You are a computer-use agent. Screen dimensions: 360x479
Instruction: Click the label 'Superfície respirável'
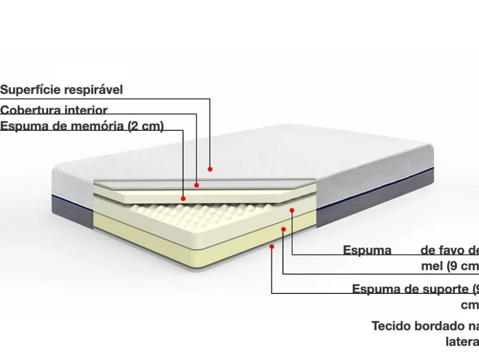(x=61, y=90)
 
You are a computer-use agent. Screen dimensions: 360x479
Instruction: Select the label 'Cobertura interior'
(x=54, y=110)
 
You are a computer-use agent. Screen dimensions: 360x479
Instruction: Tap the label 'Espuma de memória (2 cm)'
(x=81, y=126)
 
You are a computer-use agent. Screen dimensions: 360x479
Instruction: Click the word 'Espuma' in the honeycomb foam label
(x=367, y=250)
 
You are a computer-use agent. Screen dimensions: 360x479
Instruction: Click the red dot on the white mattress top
(x=210, y=169)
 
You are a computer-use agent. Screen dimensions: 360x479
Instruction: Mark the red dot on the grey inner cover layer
(x=197, y=185)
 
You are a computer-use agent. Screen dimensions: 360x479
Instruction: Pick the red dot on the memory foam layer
(x=183, y=199)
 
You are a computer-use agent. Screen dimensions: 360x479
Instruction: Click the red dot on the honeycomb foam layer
(x=292, y=210)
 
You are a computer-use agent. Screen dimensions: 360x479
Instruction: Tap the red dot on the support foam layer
(x=283, y=229)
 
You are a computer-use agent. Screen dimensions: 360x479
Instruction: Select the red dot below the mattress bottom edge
(x=272, y=245)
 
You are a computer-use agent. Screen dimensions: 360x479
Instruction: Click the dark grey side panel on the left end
(x=72, y=210)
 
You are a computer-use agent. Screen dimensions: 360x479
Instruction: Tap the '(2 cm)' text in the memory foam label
(x=146, y=126)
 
